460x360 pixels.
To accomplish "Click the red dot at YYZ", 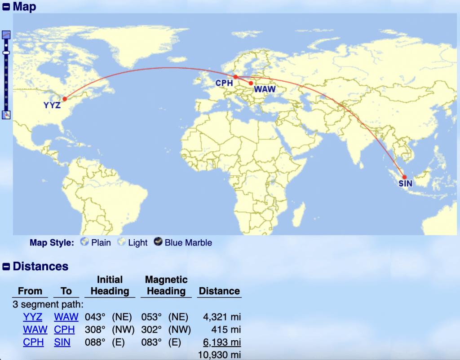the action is pos(65,99).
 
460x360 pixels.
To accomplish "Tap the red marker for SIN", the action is pos(404,177).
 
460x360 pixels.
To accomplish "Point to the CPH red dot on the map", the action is pos(235,77).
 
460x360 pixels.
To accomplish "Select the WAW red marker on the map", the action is pos(251,83).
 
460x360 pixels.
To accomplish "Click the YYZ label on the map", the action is pos(52,106).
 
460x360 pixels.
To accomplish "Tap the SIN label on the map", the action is pos(405,184).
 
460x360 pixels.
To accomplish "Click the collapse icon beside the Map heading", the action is pos(6,7).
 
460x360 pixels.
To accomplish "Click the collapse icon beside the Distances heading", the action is pos(6,267).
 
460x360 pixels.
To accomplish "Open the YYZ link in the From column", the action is pos(33,317).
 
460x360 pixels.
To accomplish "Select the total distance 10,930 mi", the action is pos(219,355).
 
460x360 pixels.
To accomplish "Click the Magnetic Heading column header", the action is pos(166,285).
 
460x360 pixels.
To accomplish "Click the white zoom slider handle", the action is pos(6,53).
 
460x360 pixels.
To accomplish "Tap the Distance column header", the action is pos(219,291).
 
